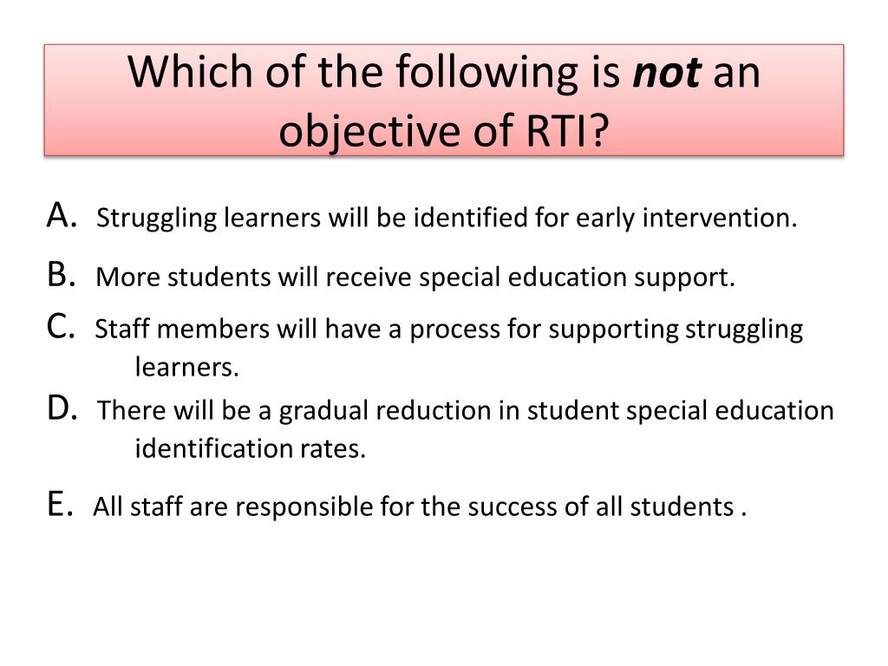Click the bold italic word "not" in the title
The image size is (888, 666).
click(x=667, y=73)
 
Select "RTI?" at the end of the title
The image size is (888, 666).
click(x=567, y=130)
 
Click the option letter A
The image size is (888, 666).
click(x=62, y=216)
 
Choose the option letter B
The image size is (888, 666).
click(x=62, y=275)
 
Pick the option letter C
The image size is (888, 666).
click(x=61, y=327)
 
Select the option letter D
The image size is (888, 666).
click(x=62, y=408)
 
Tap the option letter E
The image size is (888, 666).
click(x=60, y=504)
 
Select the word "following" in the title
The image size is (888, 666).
click(x=486, y=74)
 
